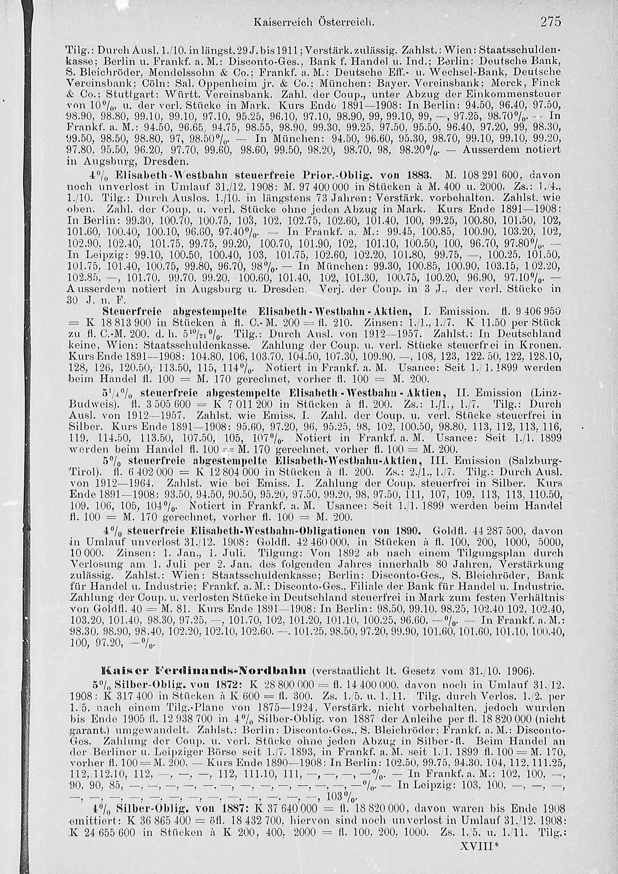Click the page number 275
tap(551, 22)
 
